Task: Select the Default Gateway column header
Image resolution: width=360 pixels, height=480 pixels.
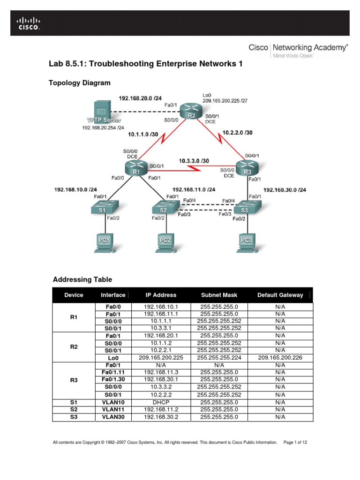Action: [x=280, y=295]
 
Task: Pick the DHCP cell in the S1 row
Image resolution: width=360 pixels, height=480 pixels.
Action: [x=160, y=402]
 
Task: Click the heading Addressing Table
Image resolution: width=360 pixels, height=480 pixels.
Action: [x=82, y=279]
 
